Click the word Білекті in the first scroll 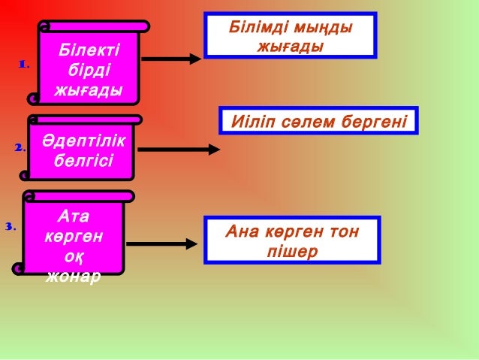coord(89,51)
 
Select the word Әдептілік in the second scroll coord(83,141)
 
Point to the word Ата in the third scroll coord(74,216)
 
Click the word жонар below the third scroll coord(73,275)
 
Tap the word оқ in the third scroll coord(73,256)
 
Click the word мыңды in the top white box coord(322,29)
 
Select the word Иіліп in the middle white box coord(252,120)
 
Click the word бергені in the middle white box coord(375,120)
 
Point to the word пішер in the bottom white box coord(292,250)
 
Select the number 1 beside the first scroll coord(23,65)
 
